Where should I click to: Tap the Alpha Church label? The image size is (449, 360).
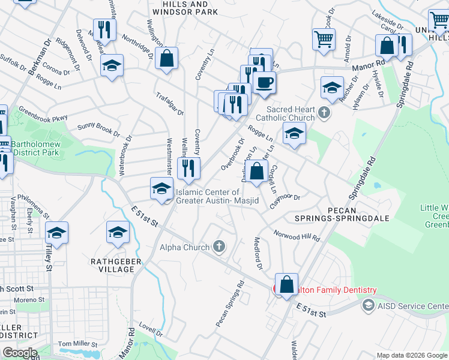tap(184, 247)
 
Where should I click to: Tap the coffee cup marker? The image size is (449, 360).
tap(264, 82)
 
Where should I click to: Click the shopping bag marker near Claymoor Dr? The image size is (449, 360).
tap(256, 172)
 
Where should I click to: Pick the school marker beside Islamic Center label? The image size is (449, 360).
tap(161, 188)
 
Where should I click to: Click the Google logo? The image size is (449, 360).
tap(20, 353)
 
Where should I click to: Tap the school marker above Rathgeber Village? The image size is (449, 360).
tap(118, 232)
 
